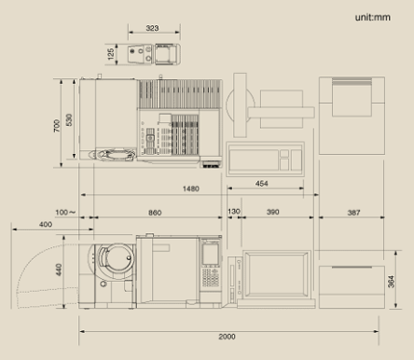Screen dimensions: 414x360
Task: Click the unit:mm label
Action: [x=373, y=17]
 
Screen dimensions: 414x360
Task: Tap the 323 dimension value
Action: [x=152, y=28]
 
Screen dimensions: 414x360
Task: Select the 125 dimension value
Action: [x=111, y=54]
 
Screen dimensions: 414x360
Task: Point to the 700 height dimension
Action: [x=57, y=125]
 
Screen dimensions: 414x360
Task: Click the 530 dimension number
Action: [x=69, y=120]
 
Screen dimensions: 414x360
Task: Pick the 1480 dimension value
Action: [x=191, y=189]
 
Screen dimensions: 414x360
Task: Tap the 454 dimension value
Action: [x=262, y=184]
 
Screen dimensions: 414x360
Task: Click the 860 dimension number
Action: [x=155, y=213]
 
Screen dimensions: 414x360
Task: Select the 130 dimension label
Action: [x=234, y=212]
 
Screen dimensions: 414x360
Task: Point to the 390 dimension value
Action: [x=273, y=212]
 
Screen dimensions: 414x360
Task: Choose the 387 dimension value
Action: [x=353, y=213]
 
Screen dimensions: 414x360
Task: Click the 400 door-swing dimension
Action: [x=45, y=224]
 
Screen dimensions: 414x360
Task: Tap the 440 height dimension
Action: [x=59, y=270]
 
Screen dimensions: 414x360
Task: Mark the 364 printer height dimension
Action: [x=391, y=281]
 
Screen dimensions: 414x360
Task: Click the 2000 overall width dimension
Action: [x=227, y=337]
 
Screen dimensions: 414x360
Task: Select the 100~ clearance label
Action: [x=65, y=213]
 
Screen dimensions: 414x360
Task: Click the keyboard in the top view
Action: [x=265, y=160]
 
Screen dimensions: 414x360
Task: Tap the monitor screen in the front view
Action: [x=276, y=273]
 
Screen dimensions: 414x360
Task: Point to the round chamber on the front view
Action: [x=116, y=259]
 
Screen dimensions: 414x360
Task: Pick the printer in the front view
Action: [x=351, y=287]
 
